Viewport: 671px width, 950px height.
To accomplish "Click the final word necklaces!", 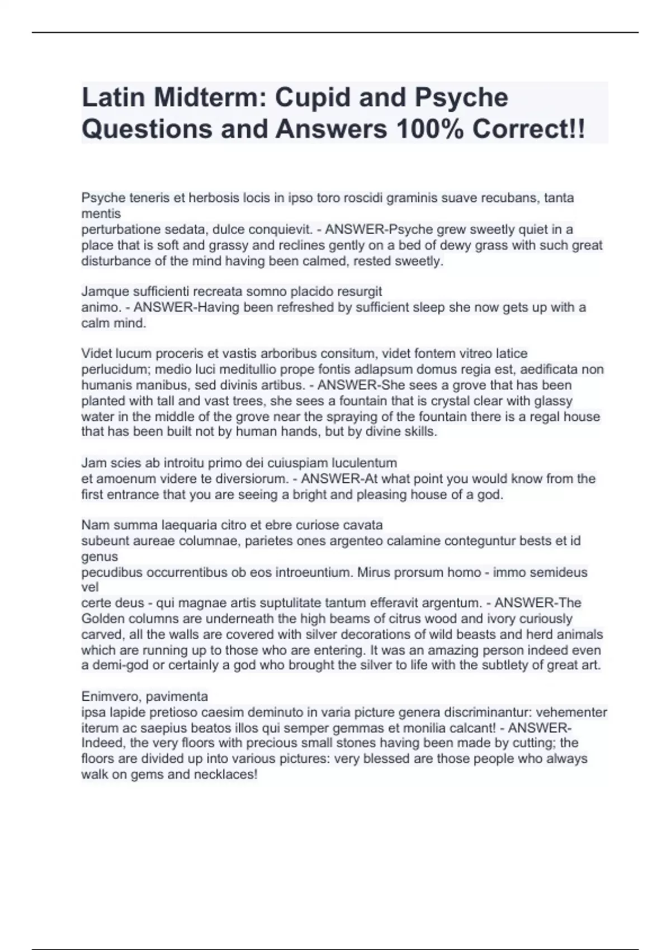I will pyautogui.click(x=225, y=775).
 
